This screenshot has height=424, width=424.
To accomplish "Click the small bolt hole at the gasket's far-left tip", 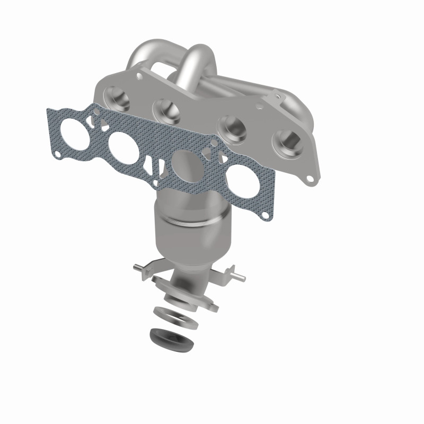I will click(x=57, y=154).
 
